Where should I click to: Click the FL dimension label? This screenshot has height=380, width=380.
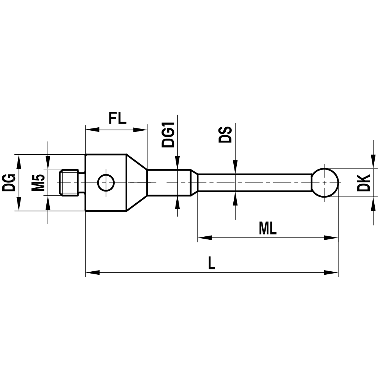tap(117, 119)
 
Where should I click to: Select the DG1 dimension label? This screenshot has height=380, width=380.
tap(168, 135)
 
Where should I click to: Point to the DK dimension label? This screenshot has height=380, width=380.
tap(365, 183)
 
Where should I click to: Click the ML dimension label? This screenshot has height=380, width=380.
tap(268, 228)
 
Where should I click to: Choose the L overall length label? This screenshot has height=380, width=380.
tap(211, 263)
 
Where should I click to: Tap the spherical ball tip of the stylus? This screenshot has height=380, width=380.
tap(325, 182)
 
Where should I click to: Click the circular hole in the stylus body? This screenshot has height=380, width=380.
tap(106, 183)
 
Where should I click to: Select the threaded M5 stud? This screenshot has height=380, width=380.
tap(70, 182)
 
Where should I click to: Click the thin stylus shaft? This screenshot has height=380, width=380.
tap(255, 182)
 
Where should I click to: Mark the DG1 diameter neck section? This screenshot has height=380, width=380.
tap(169, 182)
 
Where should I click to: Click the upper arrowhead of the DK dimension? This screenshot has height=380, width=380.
tap(372, 162)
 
